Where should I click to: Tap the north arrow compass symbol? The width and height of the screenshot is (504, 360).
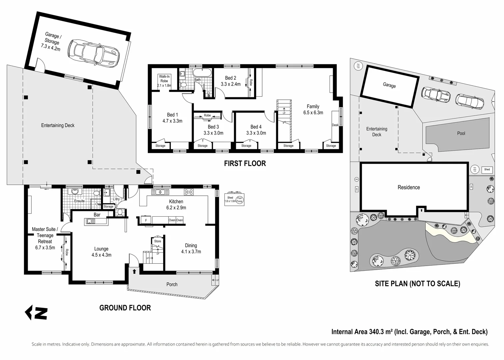pos(36,313)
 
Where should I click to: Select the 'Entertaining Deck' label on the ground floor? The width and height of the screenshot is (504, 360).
pos(58,125)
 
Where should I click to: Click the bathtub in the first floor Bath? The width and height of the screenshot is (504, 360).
pos(202,73)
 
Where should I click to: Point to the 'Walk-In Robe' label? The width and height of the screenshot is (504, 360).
pos(164,79)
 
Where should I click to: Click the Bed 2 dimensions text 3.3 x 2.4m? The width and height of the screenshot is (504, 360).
pos(231,84)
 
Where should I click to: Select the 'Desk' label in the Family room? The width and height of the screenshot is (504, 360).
pos(335,125)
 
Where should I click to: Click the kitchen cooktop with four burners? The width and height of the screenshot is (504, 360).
pos(189,192)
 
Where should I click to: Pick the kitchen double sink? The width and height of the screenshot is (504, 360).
pos(160,192)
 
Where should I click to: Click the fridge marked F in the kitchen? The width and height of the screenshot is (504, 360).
pos(146,220)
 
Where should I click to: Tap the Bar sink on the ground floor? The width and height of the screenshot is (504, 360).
pos(90,221)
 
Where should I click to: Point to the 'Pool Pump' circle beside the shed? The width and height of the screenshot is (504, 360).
pos(240,200)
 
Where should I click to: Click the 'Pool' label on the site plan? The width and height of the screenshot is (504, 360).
pos(461,133)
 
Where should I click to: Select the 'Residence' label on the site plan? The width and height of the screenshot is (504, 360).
pos(409,187)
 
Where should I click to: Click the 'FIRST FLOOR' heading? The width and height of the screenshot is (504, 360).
pos(245,163)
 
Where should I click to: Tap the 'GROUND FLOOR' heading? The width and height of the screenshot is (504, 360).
pos(125,308)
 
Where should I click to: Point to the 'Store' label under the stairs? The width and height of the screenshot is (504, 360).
pos(158,241)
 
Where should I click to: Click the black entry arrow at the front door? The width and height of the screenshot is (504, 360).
pos(134,271)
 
